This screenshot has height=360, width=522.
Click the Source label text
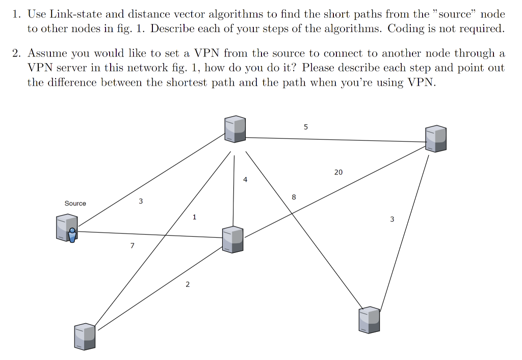click(75, 203)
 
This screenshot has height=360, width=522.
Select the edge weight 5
click(305, 127)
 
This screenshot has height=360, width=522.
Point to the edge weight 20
click(338, 172)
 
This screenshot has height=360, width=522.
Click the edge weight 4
click(245, 180)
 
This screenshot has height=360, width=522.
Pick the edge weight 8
click(294, 197)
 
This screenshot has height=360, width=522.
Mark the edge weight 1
click(194, 217)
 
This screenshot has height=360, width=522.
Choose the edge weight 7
click(133, 246)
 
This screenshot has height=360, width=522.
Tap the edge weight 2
click(187, 285)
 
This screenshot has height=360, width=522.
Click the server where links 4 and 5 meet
click(235, 128)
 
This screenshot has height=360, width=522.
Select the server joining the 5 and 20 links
click(436, 138)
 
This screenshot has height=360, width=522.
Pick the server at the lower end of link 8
click(369, 320)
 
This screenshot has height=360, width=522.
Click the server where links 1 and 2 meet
click(85, 336)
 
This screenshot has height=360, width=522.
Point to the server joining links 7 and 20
click(233, 239)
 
